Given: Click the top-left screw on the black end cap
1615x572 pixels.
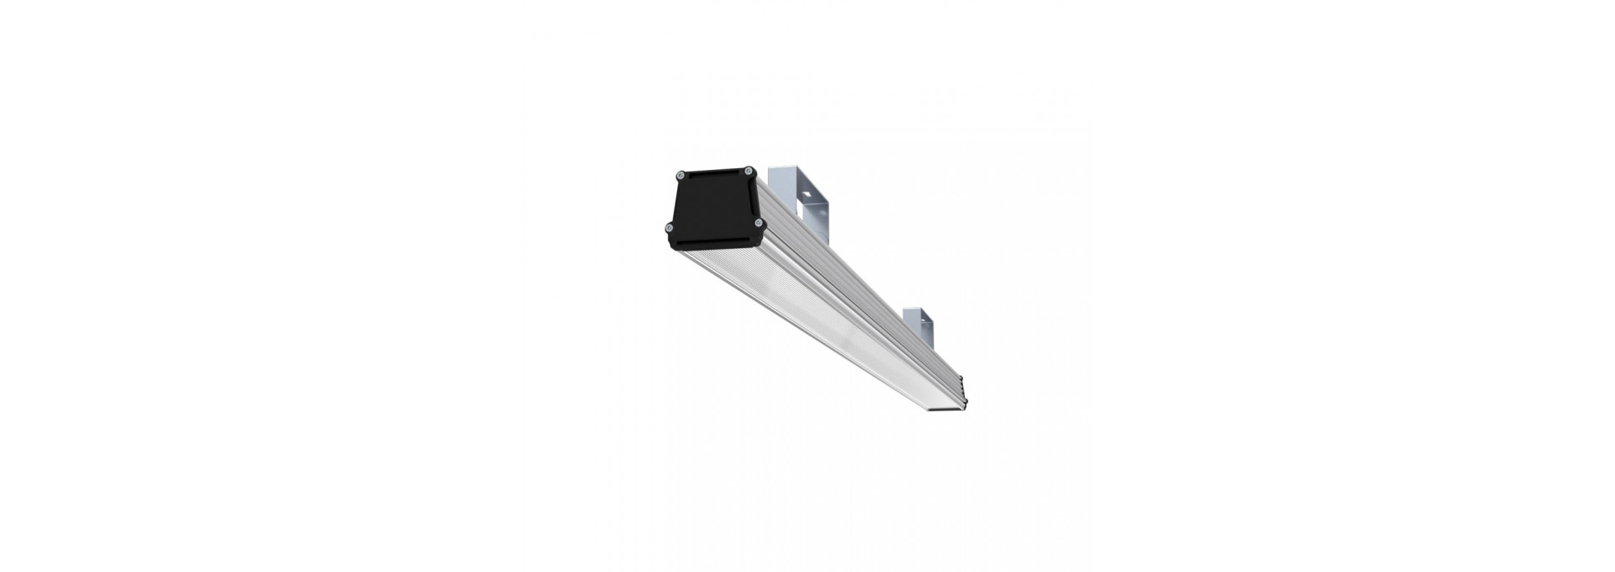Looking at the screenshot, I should click(680, 176).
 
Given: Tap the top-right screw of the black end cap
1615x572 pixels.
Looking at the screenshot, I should click(748, 171).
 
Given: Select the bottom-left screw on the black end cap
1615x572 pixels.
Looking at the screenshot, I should click(670, 227).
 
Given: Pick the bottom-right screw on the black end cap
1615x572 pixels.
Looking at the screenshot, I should click(759, 222).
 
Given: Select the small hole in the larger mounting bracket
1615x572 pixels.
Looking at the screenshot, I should click(807, 193).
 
